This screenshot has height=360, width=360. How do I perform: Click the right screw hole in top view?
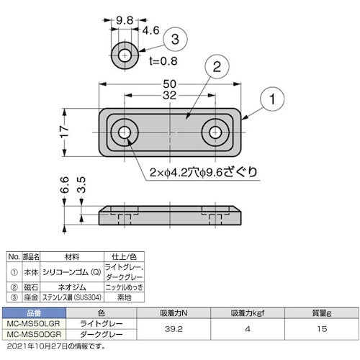pos(215,132)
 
